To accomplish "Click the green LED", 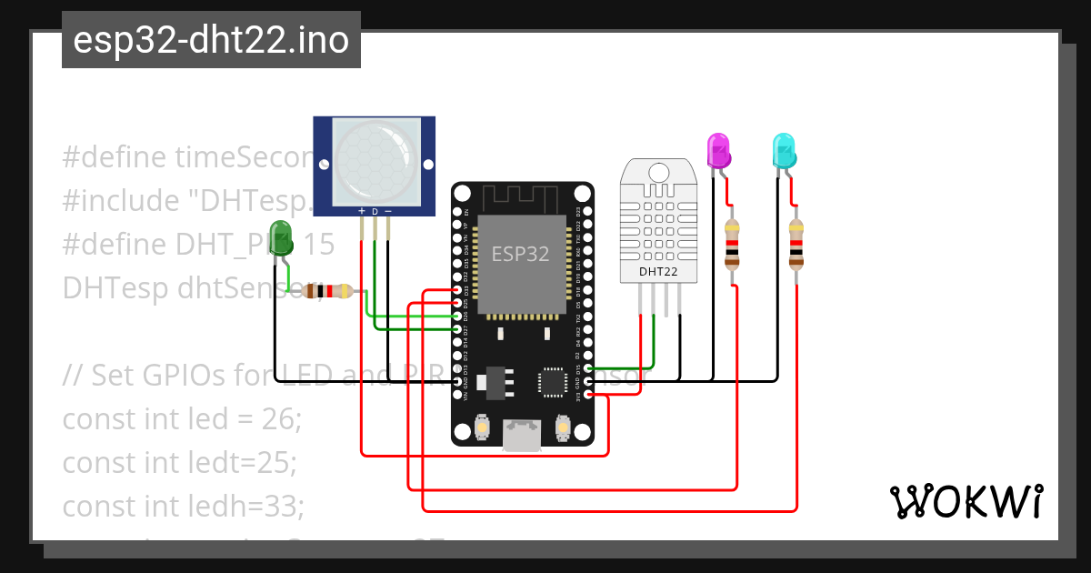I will click(x=281, y=239).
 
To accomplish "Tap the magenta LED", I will click(x=718, y=150).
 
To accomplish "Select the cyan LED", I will click(x=783, y=150).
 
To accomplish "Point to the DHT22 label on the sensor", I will click(x=658, y=271).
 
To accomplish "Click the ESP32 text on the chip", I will click(x=521, y=254).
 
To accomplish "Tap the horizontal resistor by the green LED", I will click(x=328, y=291).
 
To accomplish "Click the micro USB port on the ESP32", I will click(x=522, y=437).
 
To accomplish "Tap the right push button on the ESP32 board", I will click(x=561, y=427).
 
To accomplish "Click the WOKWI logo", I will click(x=966, y=501).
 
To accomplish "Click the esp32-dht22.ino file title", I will click(x=211, y=40).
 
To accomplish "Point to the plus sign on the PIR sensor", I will click(x=362, y=211).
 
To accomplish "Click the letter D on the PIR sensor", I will click(x=375, y=211).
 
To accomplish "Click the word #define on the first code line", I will click(x=115, y=157).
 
